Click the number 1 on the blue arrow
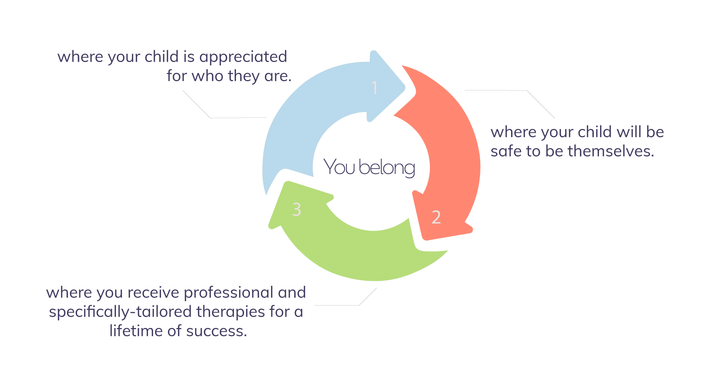(375, 88)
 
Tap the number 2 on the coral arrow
(436, 217)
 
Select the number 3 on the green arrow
(297, 209)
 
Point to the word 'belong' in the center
(387, 168)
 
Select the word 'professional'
(228, 293)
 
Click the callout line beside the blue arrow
(222, 118)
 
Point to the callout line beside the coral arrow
(517, 90)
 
